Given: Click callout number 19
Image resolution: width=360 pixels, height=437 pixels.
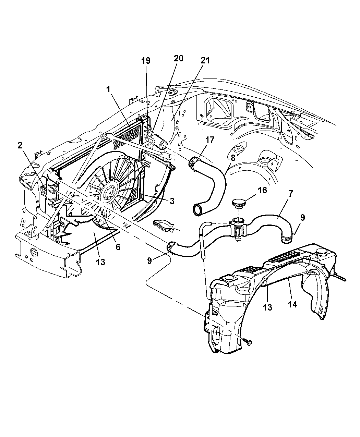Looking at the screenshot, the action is click(x=146, y=61).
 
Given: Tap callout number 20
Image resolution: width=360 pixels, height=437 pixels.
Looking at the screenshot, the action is click(x=178, y=58).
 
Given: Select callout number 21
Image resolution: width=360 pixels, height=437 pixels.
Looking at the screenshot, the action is click(x=205, y=60).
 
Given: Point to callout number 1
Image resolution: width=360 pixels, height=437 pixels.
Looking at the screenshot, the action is click(x=108, y=89).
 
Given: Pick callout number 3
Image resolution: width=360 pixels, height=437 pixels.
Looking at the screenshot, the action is click(x=172, y=201).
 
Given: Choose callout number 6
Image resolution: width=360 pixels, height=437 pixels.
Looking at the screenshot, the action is click(x=118, y=247).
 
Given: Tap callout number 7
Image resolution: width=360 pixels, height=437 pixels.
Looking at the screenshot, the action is click(x=290, y=194).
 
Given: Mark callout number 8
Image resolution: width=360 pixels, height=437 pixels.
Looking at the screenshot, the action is click(x=233, y=158).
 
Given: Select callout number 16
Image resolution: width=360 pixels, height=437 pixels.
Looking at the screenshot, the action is click(x=262, y=191).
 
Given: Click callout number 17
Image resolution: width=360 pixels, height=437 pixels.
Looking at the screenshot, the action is click(x=210, y=140).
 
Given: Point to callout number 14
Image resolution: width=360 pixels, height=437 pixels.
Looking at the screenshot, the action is click(x=292, y=304).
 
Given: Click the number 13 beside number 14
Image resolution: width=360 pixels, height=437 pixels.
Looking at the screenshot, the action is click(x=268, y=307).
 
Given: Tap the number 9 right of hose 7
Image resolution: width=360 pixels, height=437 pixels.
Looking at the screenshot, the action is click(x=302, y=218).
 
